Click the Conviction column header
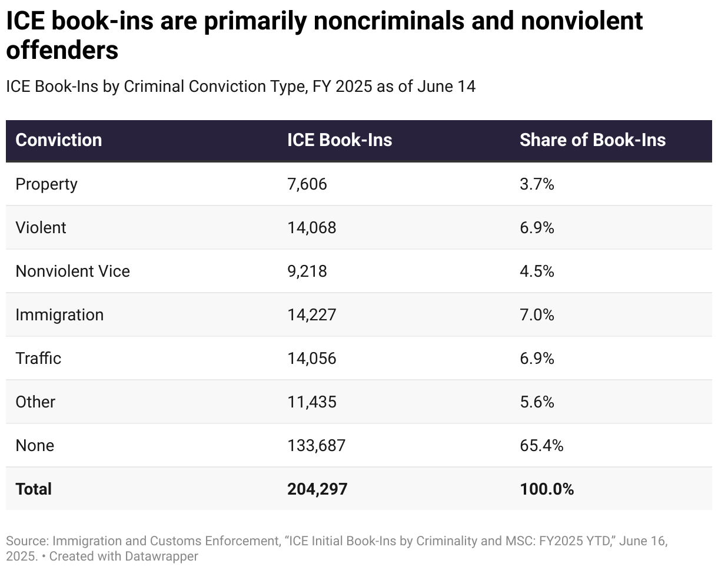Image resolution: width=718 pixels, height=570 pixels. (x=58, y=140)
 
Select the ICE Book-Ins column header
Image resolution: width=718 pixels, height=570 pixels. (x=340, y=140)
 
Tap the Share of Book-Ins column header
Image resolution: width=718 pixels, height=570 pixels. (x=592, y=140)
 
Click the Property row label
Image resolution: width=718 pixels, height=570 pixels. (x=46, y=184)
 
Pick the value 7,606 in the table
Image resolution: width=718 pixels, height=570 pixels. (x=307, y=184)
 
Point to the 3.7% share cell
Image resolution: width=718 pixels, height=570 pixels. (x=537, y=184)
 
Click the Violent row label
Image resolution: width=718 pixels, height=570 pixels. (x=41, y=228)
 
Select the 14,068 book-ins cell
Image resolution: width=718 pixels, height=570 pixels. (x=311, y=228)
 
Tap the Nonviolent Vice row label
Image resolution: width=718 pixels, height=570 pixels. (x=72, y=271)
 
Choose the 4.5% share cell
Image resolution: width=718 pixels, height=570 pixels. (x=537, y=271)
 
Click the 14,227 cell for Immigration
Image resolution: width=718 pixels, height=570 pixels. (x=311, y=315)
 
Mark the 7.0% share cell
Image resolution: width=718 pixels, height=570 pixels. (x=537, y=315)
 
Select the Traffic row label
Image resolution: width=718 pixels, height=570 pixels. (x=38, y=359)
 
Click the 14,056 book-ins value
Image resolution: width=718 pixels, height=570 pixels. (x=311, y=359)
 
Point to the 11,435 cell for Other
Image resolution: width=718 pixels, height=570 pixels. (x=311, y=402)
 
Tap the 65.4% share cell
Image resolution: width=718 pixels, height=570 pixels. (x=541, y=446)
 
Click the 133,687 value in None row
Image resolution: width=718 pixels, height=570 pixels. (x=316, y=446)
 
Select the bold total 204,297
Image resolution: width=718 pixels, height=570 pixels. (x=317, y=489)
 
